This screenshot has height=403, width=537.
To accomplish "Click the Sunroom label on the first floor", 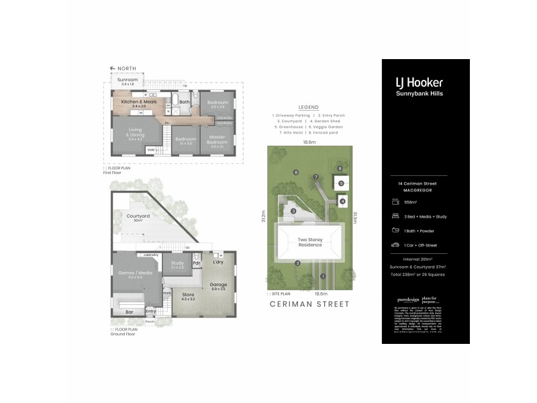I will [x=128, y=81].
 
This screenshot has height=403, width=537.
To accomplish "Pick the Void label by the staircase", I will [x=151, y=149].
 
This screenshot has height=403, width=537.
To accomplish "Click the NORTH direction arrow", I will [x=114, y=69].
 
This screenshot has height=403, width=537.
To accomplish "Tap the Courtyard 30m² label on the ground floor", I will [x=138, y=218].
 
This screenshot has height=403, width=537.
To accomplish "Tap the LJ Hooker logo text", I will [x=419, y=83].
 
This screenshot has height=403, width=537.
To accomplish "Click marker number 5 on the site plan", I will [x=341, y=183].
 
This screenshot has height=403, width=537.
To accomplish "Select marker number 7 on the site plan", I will [x=315, y=177].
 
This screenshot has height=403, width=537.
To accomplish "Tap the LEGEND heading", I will [x=309, y=107].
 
